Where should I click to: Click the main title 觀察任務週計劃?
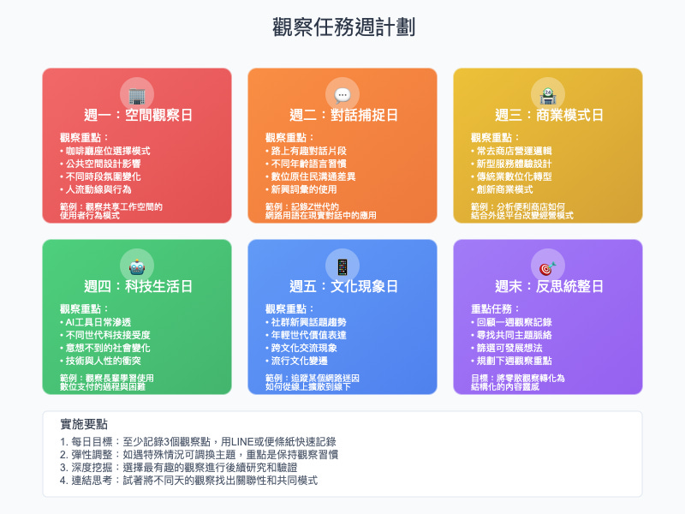pyautogui.click(x=342, y=27)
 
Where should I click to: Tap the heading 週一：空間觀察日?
pyautogui.click(x=137, y=115)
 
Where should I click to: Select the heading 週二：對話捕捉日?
pyautogui.click(x=342, y=115)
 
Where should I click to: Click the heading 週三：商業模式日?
pyautogui.click(x=548, y=115)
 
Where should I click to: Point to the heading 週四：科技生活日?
pyautogui.click(x=137, y=286)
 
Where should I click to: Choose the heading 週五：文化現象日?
pyautogui.click(x=342, y=286)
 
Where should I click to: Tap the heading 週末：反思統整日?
pyautogui.click(x=548, y=286)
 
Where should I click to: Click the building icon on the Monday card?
pyautogui.click(x=137, y=95)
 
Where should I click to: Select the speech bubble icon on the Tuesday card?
pyautogui.click(x=342, y=95)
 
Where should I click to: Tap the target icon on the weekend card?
pyautogui.click(x=548, y=266)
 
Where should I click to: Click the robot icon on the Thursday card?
pyautogui.click(x=137, y=266)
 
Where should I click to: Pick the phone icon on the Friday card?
pyautogui.click(x=342, y=266)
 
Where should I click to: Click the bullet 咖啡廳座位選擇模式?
pyautogui.click(x=108, y=151)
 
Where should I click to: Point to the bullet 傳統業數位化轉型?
pyautogui.click(x=515, y=176)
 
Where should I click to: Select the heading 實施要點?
pyautogui.click(x=84, y=424)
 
